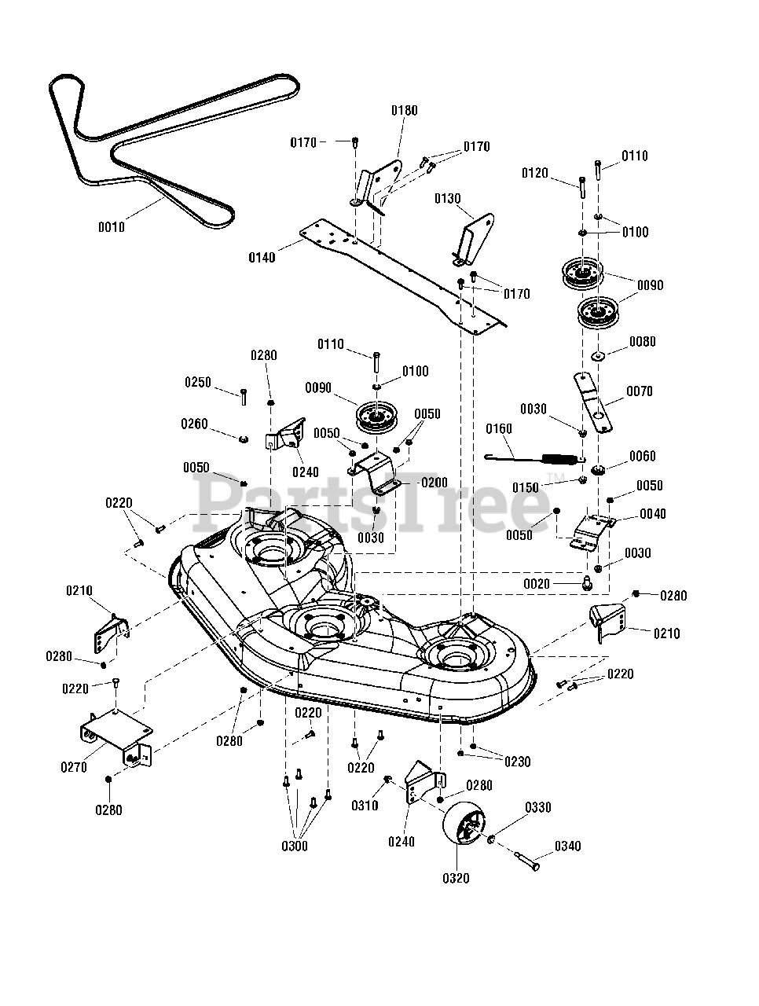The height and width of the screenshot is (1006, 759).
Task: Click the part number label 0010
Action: [x=112, y=227]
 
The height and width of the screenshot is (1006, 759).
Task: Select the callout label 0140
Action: [x=262, y=258]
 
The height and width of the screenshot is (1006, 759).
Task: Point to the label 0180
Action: [x=404, y=111]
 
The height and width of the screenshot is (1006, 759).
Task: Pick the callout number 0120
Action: [x=534, y=173]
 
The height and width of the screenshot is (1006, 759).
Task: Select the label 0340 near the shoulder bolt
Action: [x=567, y=846]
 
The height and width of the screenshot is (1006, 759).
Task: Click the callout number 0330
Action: [x=537, y=807]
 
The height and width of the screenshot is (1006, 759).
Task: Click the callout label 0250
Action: [x=197, y=382]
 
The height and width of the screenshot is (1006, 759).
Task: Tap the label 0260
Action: [x=194, y=424]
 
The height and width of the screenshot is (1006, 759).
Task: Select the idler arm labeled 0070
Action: [x=592, y=402]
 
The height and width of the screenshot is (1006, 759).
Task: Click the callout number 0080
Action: [x=642, y=341]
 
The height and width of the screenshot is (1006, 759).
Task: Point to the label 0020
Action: [x=536, y=584]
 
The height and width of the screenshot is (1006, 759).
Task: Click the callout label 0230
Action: [x=517, y=762]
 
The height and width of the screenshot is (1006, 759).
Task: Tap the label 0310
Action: [x=365, y=806]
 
